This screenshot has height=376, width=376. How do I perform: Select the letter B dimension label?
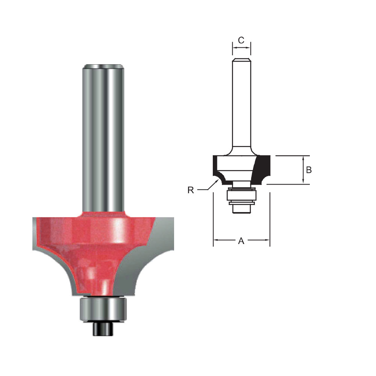pos(309,170)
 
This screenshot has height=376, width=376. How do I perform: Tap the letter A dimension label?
pos(241,241)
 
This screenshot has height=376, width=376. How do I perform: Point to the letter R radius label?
pos(191,190)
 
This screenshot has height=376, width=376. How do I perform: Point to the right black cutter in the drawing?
pos(263,167)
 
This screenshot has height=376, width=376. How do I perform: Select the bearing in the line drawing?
pos(241,196)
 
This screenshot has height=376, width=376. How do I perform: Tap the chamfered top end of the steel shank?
pos(104,67)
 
